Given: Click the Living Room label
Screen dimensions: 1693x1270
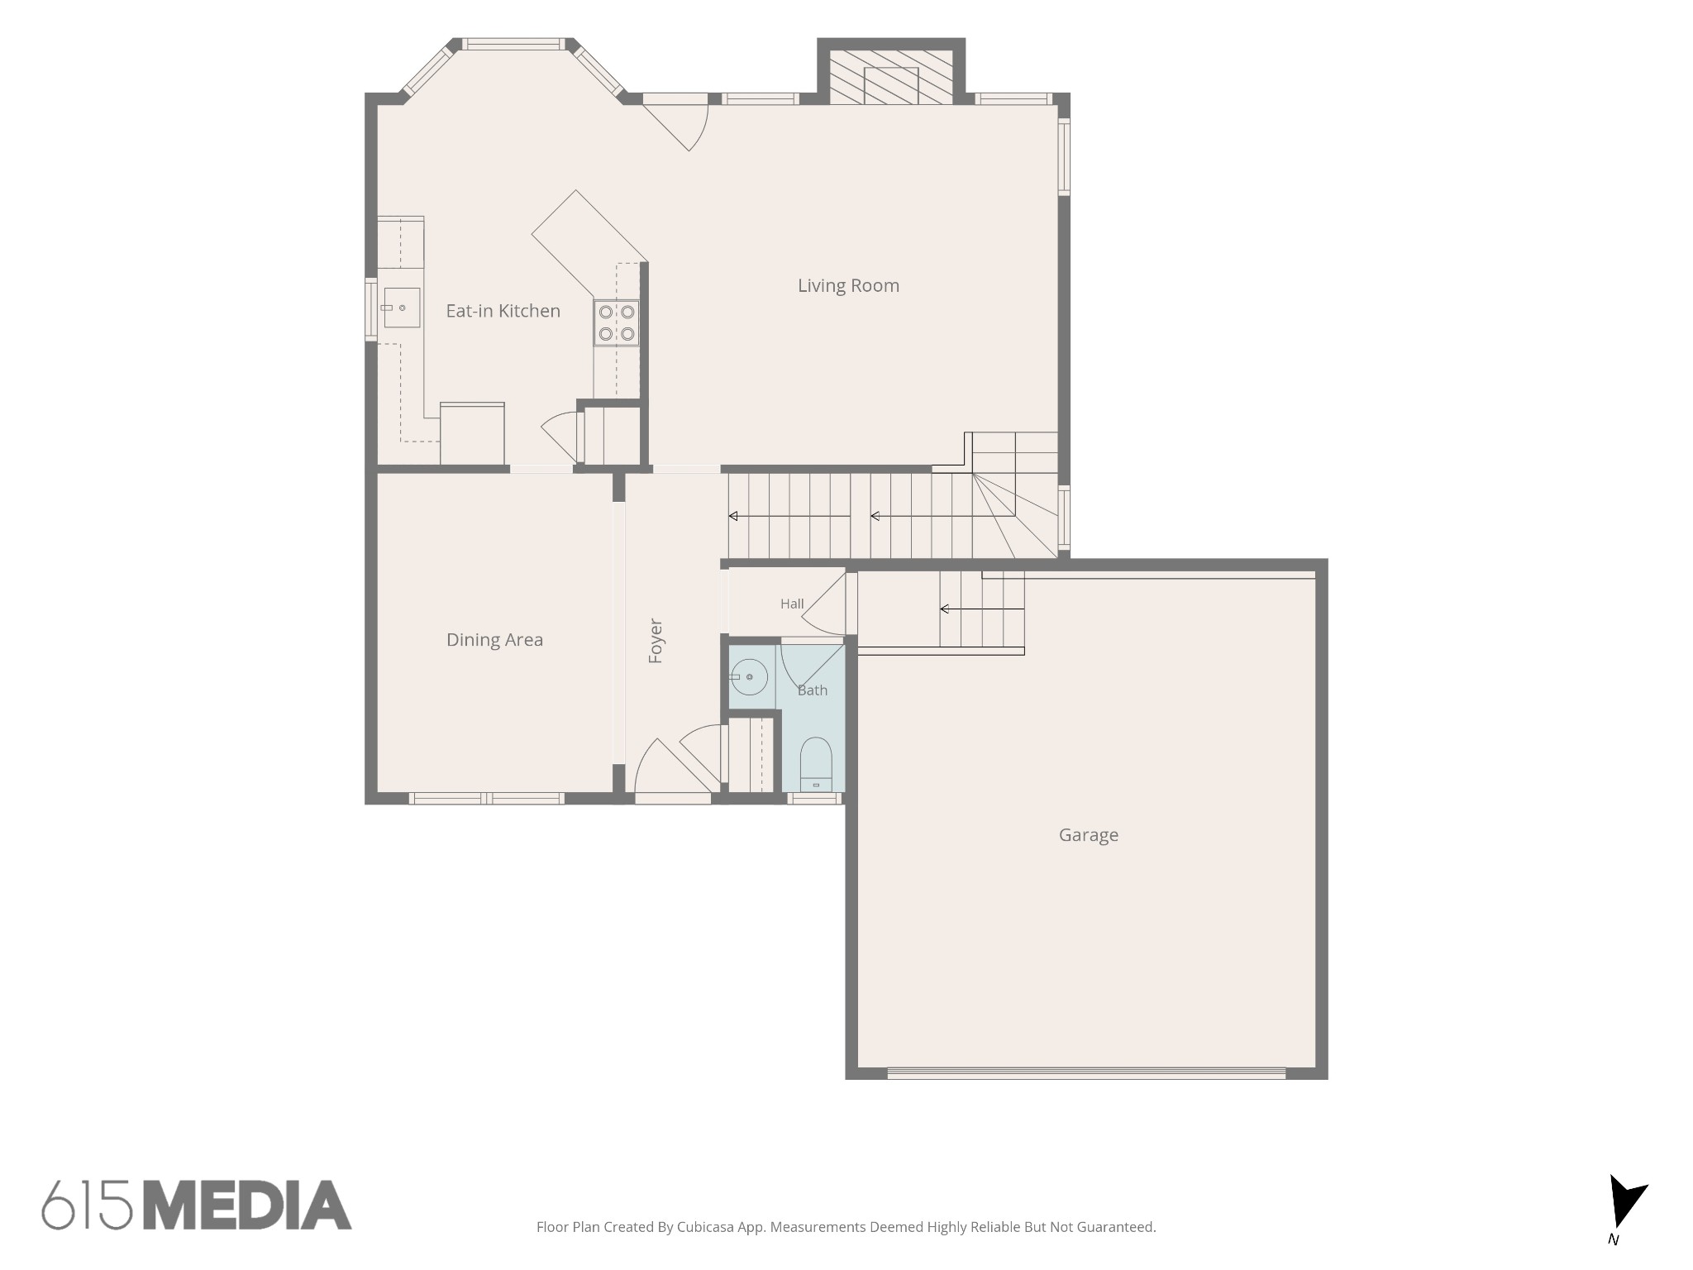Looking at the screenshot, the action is [x=848, y=286].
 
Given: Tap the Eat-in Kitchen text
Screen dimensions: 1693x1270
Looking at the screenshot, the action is [x=503, y=311].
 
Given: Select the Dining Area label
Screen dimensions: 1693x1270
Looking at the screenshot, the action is [x=494, y=640].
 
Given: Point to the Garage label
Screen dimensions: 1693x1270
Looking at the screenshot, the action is [x=1088, y=835].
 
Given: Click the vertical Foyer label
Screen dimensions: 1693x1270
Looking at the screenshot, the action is [x=656, y=641].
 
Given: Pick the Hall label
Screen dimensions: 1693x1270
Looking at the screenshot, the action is [x=792, y=604].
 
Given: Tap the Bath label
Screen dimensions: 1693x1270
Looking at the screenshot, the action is [x=812, y=690].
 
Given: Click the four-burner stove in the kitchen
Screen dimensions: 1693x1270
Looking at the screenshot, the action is [x=617, y=322].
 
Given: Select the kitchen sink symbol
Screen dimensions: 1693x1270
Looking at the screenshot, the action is [x=401, y=308].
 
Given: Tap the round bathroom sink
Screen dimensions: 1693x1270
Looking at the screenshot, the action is [x=749, y=677].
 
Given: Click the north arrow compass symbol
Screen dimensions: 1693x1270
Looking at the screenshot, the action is [x=1625, y=1204].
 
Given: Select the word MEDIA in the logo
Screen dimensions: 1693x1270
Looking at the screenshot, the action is [x=247, y=1205].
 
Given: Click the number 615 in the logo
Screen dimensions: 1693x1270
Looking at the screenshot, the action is [x=88, y=1205].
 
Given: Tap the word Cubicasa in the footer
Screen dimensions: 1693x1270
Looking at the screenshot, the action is [x=708, y=1227].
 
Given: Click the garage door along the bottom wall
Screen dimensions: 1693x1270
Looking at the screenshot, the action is [x=1086, y=1073].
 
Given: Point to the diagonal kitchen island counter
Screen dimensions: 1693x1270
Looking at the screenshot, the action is [x=589, y=245].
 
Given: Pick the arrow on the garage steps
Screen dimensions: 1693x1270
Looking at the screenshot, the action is [x=982, y=609].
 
